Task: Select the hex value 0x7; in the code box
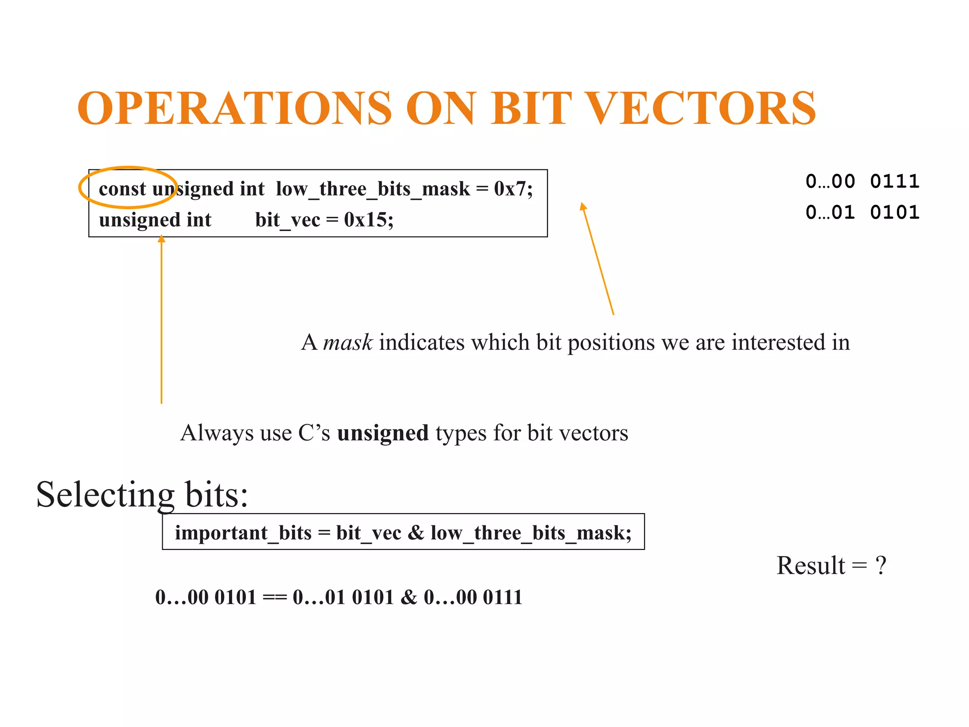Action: click(513, 189)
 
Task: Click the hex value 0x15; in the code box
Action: click(369, 220)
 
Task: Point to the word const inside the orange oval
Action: click(122, 189)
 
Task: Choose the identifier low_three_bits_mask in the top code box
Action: click(373, 189)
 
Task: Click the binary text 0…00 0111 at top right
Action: click(862, 181)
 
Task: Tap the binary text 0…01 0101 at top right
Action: click(862, 212)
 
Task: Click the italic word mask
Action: click(347, 342)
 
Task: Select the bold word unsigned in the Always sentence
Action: click(382, 433)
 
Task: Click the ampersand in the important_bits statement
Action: click(416, 533)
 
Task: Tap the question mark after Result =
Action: click(881, 565)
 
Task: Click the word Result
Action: click(810, 565)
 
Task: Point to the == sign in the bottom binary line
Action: click(274, 597)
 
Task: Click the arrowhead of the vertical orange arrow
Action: click(161, 239)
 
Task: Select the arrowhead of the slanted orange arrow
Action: click(583, 206)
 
